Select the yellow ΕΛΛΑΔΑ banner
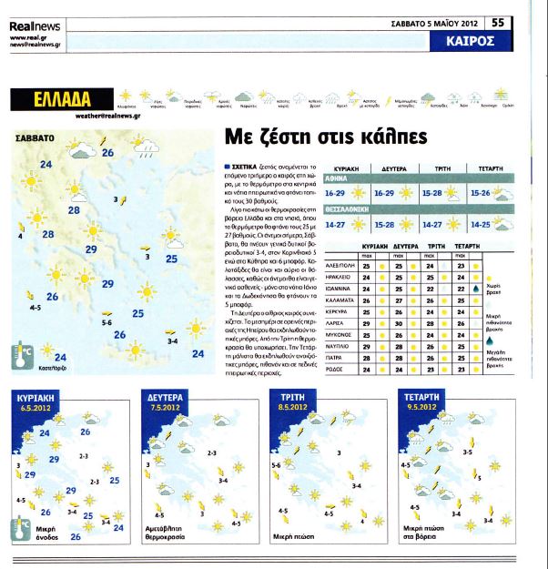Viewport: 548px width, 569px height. (56, 98)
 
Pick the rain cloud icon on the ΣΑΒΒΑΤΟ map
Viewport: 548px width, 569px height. (143, 143)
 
